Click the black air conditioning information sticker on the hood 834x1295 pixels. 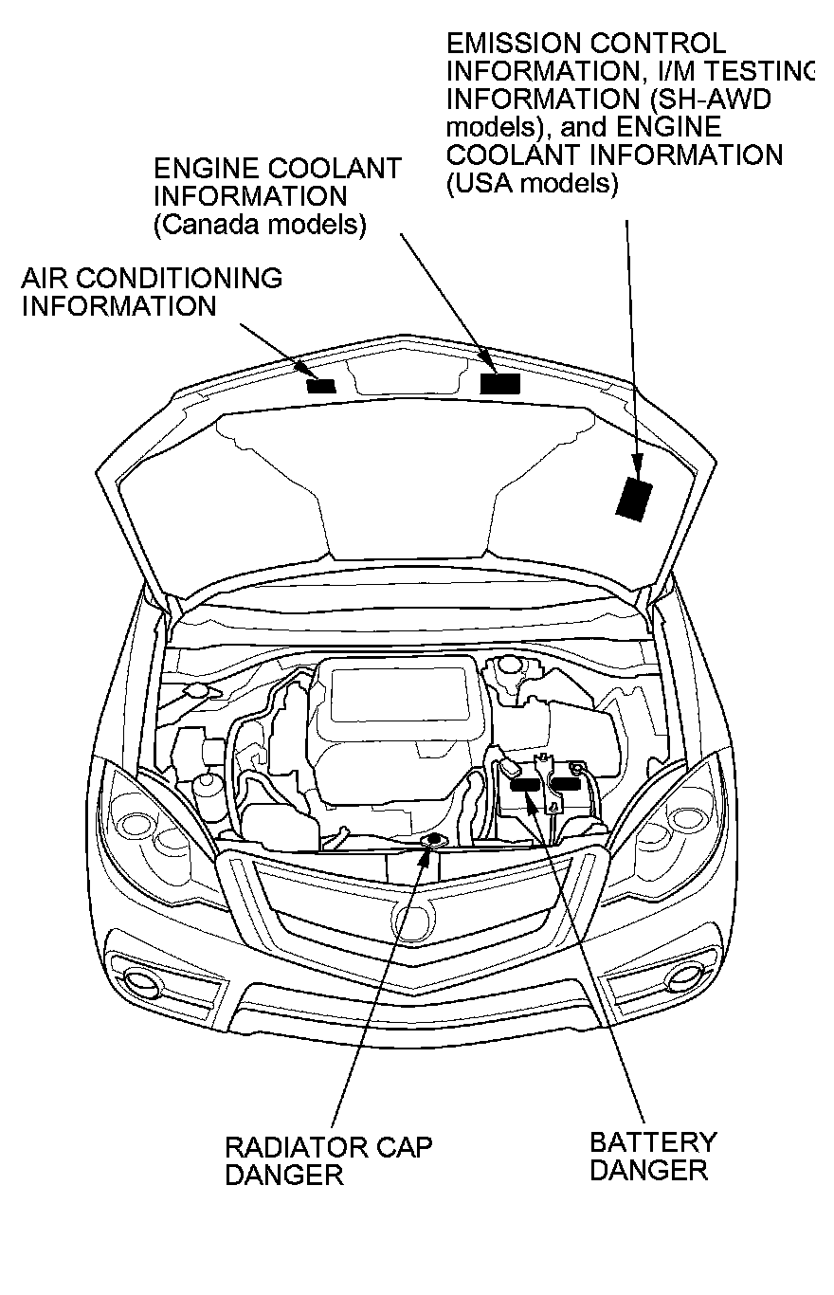(x=321, y=385)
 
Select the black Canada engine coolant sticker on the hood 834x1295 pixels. (x=500, y=383)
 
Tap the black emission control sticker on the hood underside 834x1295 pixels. (x=633, y=498)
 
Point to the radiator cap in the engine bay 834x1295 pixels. (x=434, y=839)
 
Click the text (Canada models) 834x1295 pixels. (x=260, y=226)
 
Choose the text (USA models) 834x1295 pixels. (x=532, y=183)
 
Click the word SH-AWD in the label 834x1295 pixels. (x=719, y=100)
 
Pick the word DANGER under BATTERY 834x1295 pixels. (x=648, y=1170)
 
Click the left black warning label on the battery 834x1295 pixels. (x=524, y=784)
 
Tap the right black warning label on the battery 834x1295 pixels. (x=566, y=782)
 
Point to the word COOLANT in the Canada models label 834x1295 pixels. (x=335, y=170)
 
